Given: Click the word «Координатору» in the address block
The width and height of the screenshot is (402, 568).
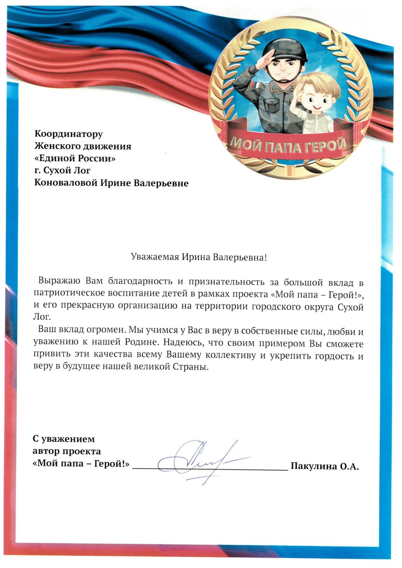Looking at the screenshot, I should point(69,134).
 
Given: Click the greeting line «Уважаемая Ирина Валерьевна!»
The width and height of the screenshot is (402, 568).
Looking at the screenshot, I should point(199,258).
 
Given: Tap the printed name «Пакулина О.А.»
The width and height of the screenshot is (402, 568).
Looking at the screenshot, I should point(325,466).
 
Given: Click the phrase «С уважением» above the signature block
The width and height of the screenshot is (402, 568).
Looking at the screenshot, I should point(64,439).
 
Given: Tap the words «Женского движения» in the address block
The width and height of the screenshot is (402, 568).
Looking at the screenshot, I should point(83,146).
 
